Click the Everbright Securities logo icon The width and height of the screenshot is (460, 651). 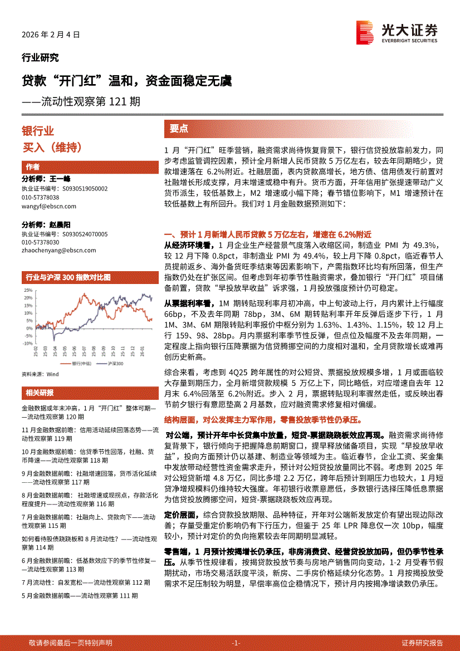tap(365, 32)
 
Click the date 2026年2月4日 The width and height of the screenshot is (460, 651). tap(51, 35)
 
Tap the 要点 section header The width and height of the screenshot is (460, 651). tap(179, 129)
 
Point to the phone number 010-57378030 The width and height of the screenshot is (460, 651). tap(41, 243)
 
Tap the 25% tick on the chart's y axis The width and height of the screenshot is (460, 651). tap(28, 290)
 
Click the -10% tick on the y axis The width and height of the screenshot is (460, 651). tap(28, 344)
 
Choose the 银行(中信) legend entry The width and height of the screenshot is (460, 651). tap(80, 363)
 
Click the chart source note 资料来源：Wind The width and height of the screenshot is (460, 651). tap(40, 374)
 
